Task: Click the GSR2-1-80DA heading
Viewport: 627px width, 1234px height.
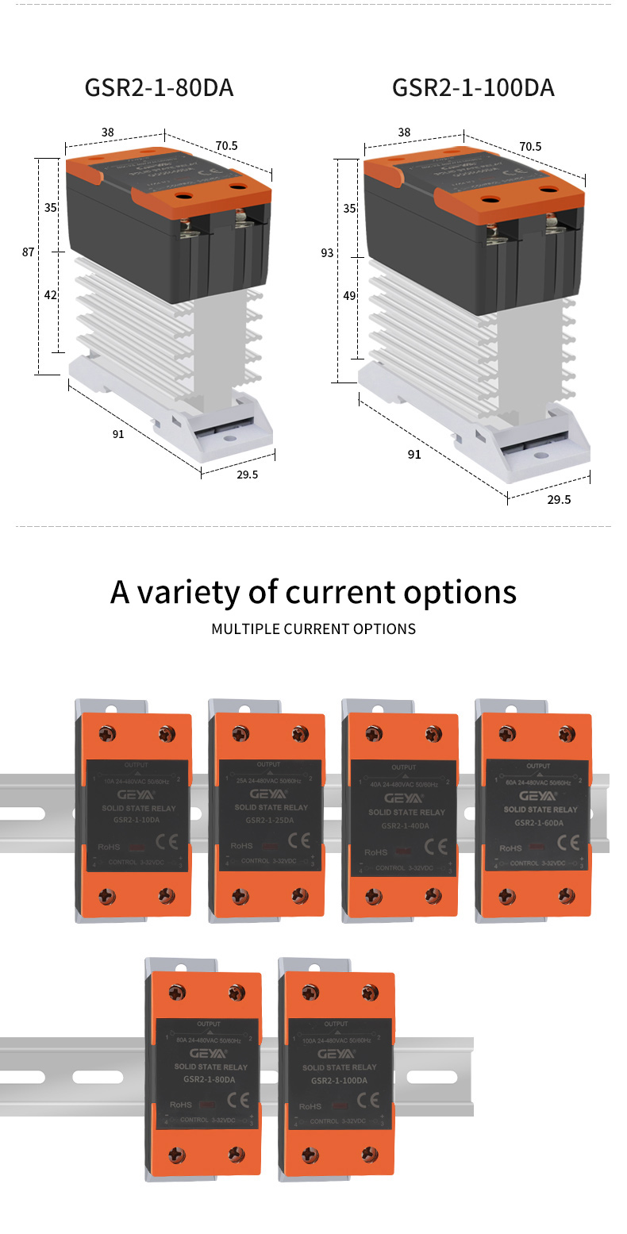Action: click(x=159, y=88)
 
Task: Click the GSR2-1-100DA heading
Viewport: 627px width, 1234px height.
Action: click(x=473, y=88)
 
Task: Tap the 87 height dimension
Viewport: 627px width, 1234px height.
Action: click(x=28, y=252)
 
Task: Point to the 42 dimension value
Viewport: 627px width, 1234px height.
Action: click(x=50, y=294)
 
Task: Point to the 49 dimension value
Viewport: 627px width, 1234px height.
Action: click(x=349, y=295)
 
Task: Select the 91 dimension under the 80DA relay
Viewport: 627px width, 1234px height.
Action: click(x=118, y=433)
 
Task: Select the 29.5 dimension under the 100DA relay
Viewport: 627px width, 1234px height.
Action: click(x=558, y=499)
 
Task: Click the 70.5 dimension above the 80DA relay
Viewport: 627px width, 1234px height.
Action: click(x=226, y=145)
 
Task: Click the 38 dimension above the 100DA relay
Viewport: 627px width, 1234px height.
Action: click(x=404, y=133)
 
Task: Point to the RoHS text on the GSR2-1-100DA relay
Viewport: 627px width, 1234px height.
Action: click(x=310, y=1105)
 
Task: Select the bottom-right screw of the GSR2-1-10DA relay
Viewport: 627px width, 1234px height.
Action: click(x=167, y=895)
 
